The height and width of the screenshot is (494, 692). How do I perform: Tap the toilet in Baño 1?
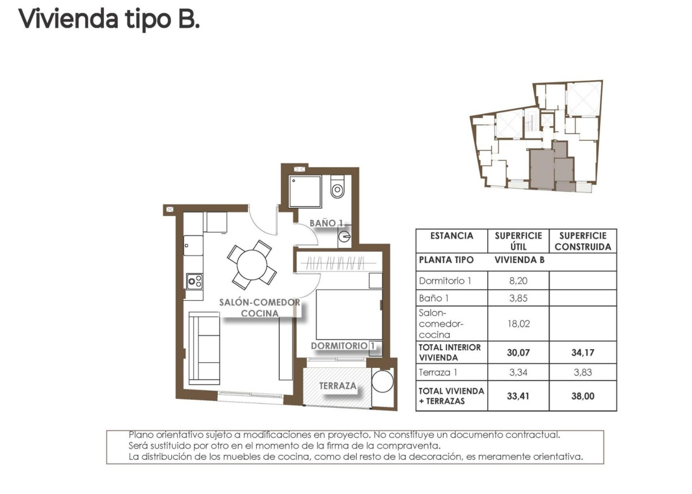(x=337, y=188)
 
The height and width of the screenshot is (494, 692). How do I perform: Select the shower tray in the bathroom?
(x=306, y=191)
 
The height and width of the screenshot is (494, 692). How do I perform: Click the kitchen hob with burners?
(x=195, y=281)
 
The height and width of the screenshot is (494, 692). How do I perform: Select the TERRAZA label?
(x=338, y=386)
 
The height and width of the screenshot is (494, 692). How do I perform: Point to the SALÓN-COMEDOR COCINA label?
(x=259, y=308)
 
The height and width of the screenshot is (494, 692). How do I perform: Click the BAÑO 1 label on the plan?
(x=324, y=224)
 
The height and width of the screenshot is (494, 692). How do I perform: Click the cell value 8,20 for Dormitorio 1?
(x=518, y=281)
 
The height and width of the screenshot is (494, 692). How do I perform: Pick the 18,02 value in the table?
(x=518, y=324)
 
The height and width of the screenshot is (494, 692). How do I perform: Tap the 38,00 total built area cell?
(x=582, y=396)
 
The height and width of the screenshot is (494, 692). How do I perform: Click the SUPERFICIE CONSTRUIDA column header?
(x=583, y=241)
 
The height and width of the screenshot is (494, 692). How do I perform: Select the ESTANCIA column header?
(x=452, y=236)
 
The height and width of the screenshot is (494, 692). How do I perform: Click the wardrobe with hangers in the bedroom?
(x=337, y=263)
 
